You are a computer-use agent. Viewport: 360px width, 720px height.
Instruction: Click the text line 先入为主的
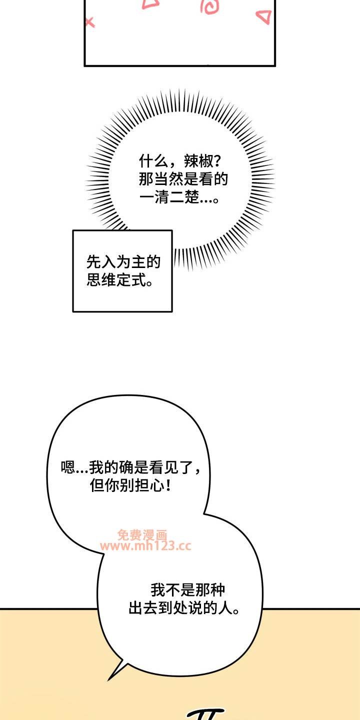click(x=123, y=261)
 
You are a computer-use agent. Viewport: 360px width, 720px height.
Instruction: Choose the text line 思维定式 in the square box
click(x=120, y=279)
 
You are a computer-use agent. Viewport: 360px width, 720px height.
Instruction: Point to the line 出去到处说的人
click(x=183, y=608)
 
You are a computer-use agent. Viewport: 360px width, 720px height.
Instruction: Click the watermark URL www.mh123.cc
click(x=145, y=546)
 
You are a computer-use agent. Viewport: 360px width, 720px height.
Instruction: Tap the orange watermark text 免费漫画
click(x=142, y=534)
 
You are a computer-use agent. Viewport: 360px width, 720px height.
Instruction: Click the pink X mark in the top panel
click(x=89, y=22)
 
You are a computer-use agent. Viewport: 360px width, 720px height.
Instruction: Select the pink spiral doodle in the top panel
click(x=208, y=6)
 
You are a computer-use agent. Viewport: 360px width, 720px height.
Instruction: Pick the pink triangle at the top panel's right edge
click(x=263, y=17)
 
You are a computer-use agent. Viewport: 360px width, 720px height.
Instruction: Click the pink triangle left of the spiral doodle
click(x=150, y=4)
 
